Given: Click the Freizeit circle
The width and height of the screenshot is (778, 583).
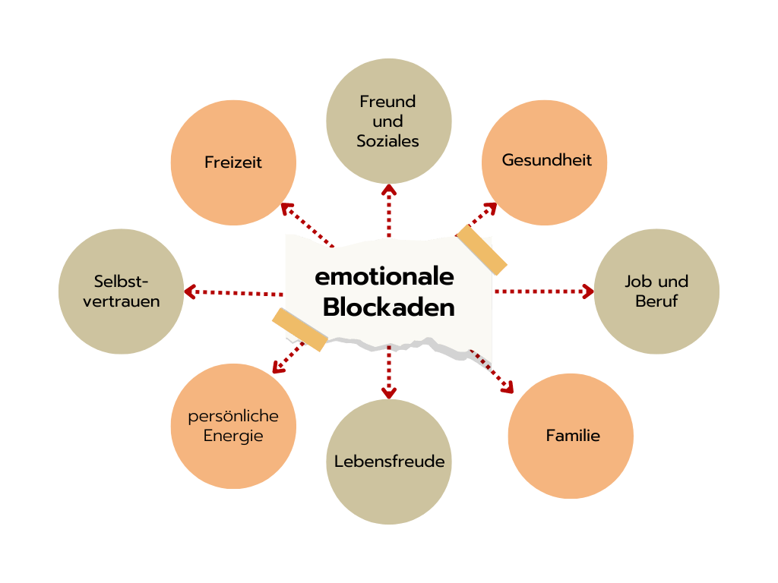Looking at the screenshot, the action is tap(233, 162).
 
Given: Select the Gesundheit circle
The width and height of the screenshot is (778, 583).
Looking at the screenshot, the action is tap(544, 162).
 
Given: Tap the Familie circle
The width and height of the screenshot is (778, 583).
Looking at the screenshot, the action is tap(571, 436).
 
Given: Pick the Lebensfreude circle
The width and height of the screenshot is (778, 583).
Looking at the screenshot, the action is tap(389, 462).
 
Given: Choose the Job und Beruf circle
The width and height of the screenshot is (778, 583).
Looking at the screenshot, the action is tap(656, 291).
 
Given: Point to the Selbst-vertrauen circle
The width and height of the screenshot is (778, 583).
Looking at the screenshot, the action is tap(121, 291).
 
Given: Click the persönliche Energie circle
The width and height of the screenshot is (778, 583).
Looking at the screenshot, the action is tap(233, 427).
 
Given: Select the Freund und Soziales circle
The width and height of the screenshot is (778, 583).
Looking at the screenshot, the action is tap(389, 121).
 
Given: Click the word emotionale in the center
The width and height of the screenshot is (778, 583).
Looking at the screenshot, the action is tap(384, 276).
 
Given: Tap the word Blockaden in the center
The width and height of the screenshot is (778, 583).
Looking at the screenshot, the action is tap(388, 307).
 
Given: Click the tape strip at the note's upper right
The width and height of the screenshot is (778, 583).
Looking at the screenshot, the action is tap(481, 250).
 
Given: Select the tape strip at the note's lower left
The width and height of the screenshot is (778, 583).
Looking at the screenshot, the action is tap(299, 329).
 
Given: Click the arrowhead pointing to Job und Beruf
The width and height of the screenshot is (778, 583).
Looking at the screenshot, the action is tap(588, 291).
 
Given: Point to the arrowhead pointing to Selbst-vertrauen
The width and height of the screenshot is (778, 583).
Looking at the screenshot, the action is tap(190, 291).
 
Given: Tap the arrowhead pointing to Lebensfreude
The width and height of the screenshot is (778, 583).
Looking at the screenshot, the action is tap(389, 393).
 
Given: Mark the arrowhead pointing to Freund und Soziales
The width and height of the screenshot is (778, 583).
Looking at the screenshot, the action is tap(389, 190).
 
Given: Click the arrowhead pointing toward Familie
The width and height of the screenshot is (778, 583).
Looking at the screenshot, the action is tap(508, 387).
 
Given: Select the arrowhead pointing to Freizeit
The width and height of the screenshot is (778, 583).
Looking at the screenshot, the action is tap(287, 210).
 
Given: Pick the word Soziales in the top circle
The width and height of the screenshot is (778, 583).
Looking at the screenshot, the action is tap(388, 140).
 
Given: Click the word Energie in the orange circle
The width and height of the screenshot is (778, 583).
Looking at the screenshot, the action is tap(233, 436).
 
